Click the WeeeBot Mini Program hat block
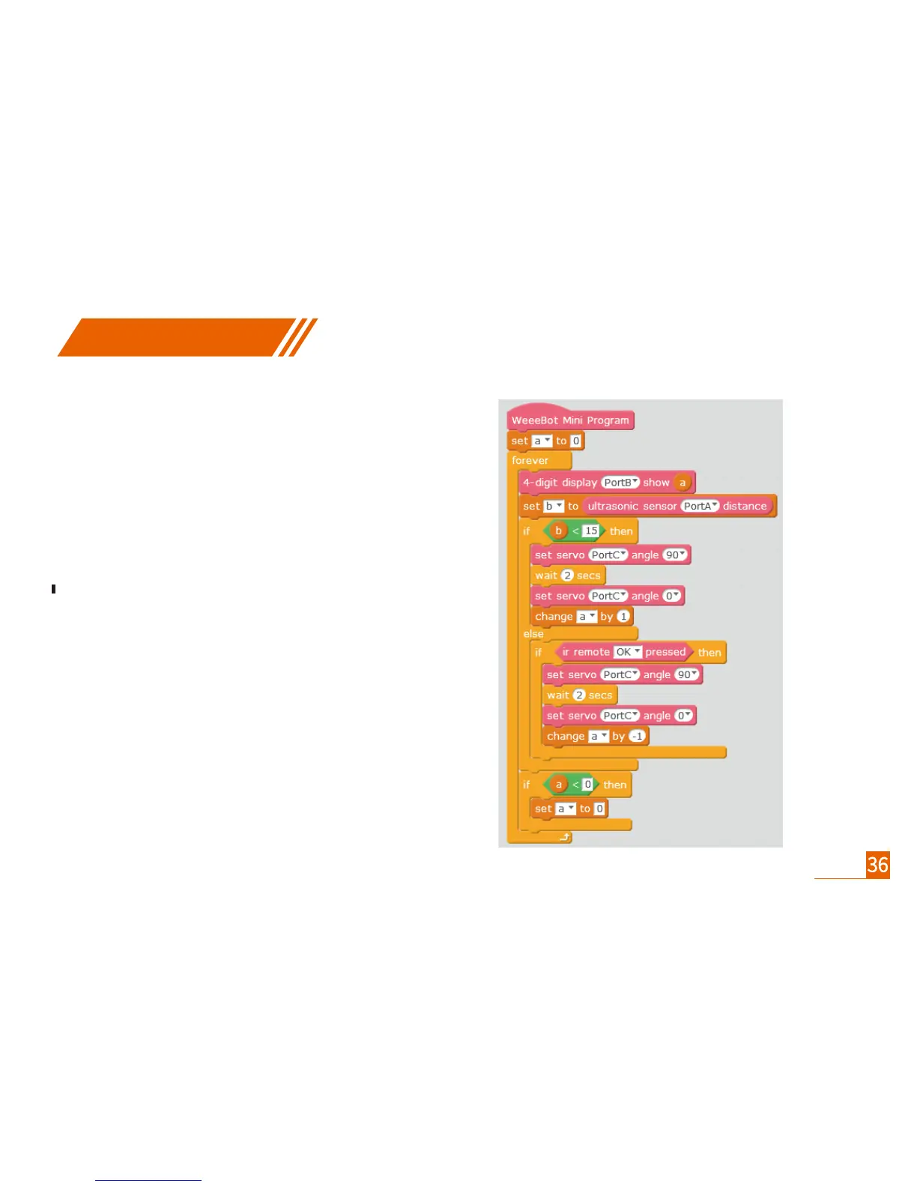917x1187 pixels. coord(570,420)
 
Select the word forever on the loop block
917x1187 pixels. coord(530,461)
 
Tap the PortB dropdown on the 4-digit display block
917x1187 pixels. coord(621,483)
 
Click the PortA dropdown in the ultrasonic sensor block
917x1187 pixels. coord(700,506)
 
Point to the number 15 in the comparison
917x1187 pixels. coord(591,531)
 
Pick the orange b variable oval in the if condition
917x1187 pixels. coord(558,531)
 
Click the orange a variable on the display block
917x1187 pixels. coord(683,483)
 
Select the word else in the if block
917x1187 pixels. coord(533,634)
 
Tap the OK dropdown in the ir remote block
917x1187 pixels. coord(627,652)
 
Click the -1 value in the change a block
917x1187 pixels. coord(637,736)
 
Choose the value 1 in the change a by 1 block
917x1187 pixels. coord(623,617)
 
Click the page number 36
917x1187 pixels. coord(877,866)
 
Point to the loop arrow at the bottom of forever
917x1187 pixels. coord(565,837)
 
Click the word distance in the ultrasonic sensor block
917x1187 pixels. coord(745,506)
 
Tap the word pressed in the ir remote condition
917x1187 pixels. coord(665,652)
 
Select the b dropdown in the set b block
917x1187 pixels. coord(554,506)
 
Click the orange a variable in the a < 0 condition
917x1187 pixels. coord(558,785)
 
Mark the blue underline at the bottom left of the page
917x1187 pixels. coord(148,1180)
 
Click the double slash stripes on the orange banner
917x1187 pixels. coord(298,337)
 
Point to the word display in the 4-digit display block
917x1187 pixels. coord(579,483)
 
